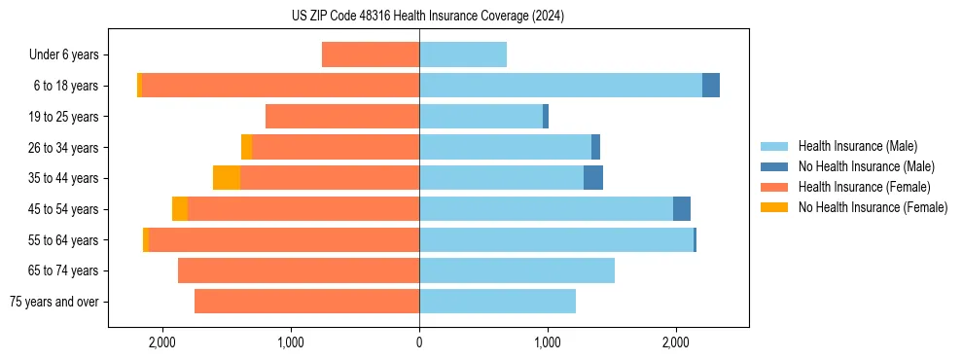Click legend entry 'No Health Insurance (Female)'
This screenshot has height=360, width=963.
(873, 207)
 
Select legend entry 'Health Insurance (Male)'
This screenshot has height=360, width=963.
(858, 146)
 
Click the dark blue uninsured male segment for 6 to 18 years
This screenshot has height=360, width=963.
(711, 86)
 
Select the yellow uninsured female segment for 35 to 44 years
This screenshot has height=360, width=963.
(227, 178)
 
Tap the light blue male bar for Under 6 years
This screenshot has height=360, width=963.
(463, 54)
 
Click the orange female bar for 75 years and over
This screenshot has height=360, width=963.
(306, 302)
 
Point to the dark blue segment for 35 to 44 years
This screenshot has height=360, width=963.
(593, 178)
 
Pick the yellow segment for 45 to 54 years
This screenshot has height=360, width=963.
(180, 209)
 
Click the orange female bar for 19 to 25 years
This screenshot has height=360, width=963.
(342, 117)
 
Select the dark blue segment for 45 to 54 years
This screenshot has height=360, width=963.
(682, 209)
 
